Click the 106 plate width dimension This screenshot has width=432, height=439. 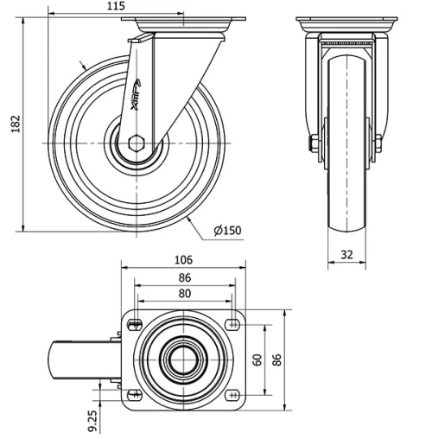coord(183,259)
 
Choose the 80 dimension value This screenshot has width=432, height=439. coord(183,293)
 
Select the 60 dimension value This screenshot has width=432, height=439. coord(257,359)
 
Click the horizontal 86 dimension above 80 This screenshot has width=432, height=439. coord(183,277)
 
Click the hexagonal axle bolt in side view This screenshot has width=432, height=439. coord(138,143)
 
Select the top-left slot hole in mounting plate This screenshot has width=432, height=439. coord(134,324)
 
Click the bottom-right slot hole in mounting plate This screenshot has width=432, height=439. coord(233,395)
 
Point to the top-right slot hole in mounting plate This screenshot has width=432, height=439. coord(233,324)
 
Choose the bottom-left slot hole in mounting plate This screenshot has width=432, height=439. coord(134,395)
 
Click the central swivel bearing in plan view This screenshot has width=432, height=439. coord(183,359)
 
